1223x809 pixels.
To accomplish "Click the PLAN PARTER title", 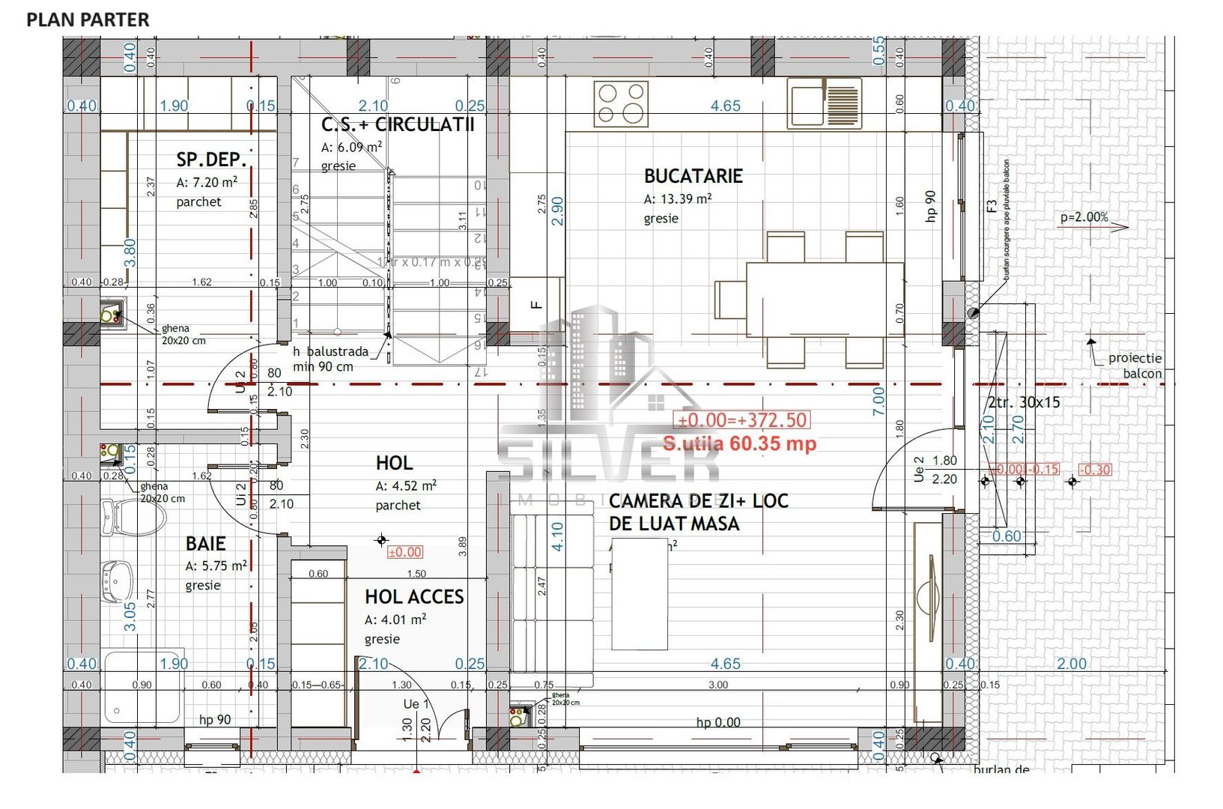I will [88, 19].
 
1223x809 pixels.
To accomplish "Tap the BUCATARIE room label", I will [693, 176].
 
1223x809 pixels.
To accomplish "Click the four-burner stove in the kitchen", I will [621, 103].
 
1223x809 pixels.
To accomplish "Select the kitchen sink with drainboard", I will [824, 103].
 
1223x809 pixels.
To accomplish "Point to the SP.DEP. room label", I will [211, 159].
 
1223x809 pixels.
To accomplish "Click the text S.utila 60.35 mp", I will [739, 443].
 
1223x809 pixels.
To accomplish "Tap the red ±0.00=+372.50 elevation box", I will [742, 420].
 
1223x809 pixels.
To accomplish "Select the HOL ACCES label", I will [414, 596].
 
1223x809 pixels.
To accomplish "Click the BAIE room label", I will [205, 543].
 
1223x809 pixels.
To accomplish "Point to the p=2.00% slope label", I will [1084, 217].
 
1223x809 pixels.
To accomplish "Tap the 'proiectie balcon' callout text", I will [1135, 366].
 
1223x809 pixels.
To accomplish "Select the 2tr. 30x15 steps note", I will [1024, 402].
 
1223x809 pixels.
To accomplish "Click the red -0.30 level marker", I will [1095, 470].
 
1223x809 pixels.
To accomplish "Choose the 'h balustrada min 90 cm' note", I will [330, 359].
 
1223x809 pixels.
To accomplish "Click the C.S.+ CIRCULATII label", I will [398, 124].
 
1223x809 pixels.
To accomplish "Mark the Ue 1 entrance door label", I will [416, 704].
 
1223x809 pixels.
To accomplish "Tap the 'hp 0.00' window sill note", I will [717, 722].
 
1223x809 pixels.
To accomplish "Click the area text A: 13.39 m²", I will [677, 199].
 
